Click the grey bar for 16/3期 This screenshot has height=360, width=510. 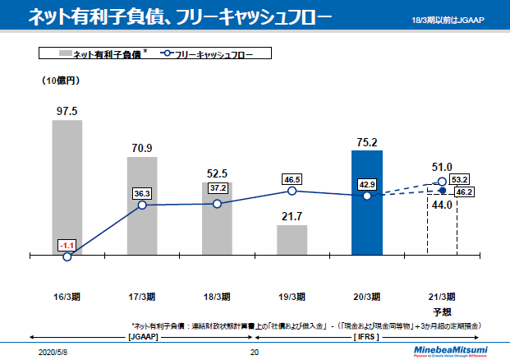[67, 187]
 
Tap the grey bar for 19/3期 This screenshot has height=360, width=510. [292, 240]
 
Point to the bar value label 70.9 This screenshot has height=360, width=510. [141, 148]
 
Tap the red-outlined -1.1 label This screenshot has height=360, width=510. [67, 245]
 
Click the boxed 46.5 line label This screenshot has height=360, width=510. [292, 179]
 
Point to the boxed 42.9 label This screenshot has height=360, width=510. [366, 185]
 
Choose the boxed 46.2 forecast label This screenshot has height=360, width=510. [466, 192]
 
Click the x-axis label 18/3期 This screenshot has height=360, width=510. [217, 297]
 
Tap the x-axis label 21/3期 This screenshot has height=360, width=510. [442, 297]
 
